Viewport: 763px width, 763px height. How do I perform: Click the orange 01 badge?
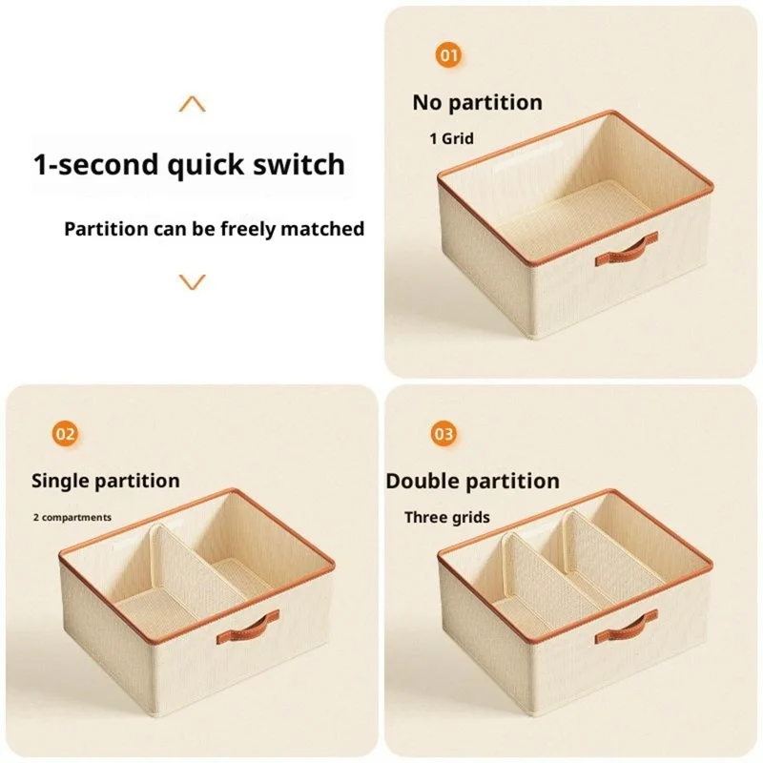pos(448,55)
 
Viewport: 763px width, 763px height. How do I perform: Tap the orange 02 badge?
pos(65,434)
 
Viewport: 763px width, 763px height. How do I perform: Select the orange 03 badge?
pos(443,434)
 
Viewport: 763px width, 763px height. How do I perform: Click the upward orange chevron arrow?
pos(193,104)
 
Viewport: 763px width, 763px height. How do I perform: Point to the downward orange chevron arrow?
pos(193,281)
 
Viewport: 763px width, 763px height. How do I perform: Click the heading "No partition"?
pos(478,103)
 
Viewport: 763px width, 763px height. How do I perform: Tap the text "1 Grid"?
pos(451,138)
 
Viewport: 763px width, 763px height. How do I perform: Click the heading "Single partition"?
pos(106,482)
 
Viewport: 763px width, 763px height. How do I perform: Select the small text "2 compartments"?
pos(72,517)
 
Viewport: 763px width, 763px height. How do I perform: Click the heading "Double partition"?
pos(472,482)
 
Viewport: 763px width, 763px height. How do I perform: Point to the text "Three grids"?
pos(447,517)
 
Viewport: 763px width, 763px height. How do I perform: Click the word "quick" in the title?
pos(206,165)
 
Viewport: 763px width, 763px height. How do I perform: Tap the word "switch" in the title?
pos(299,164)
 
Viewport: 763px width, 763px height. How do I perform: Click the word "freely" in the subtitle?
pos(249,229)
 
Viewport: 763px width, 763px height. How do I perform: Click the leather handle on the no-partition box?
pos(627,250)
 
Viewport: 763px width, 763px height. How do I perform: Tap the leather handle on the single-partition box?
pos(248,628)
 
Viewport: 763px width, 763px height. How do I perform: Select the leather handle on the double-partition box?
pos(627,628)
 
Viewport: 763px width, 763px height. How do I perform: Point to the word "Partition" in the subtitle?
pos(106,229)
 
